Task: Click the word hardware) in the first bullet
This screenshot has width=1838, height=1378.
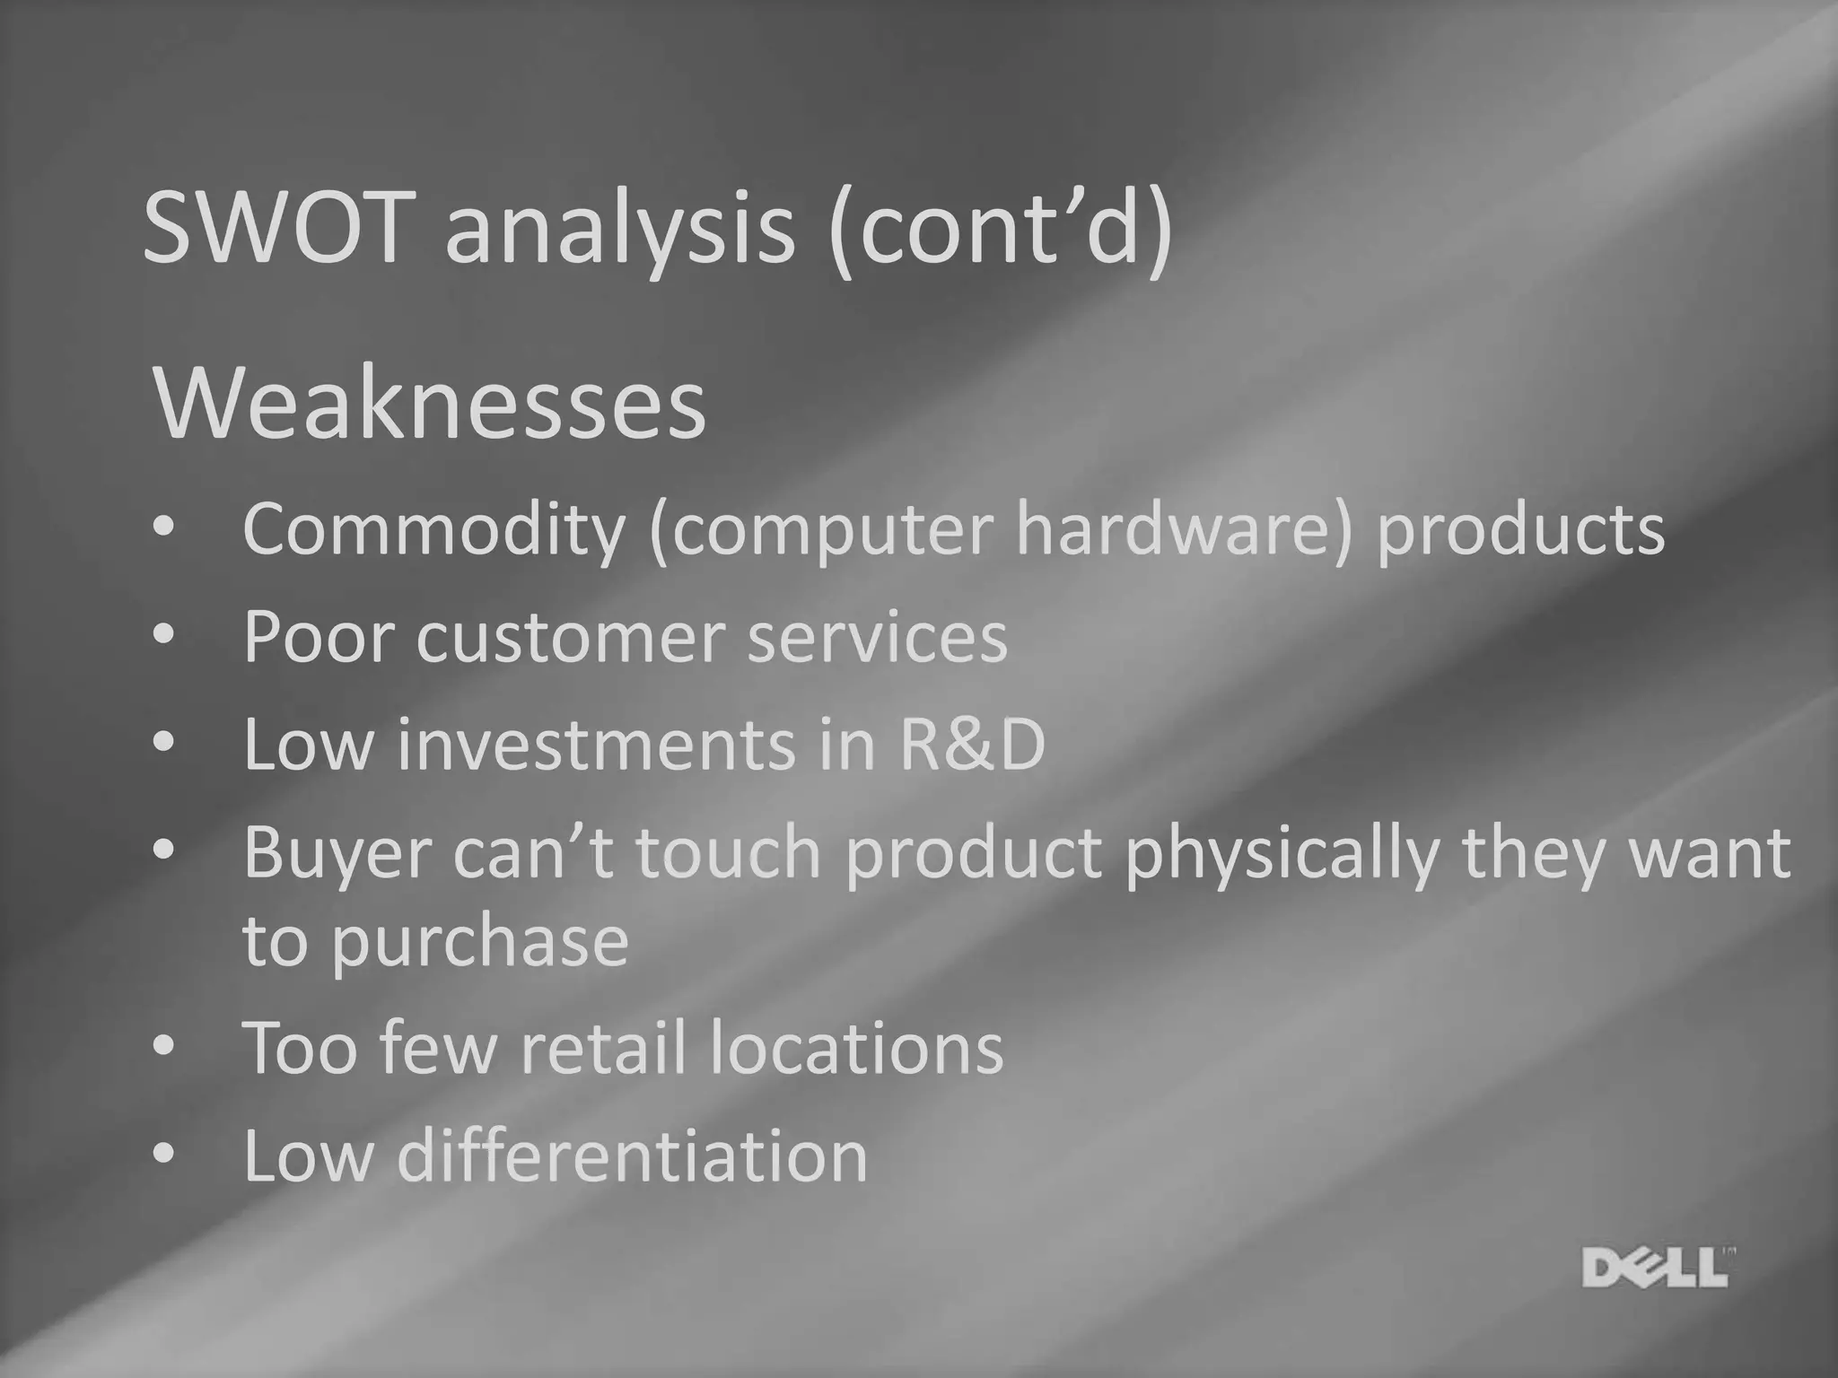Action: click(1183, 528)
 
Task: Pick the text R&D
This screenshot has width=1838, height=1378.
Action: click(972, 745)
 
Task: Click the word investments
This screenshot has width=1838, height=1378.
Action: click(597, 745)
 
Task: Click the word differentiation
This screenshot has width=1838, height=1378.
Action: click(633, 1156)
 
